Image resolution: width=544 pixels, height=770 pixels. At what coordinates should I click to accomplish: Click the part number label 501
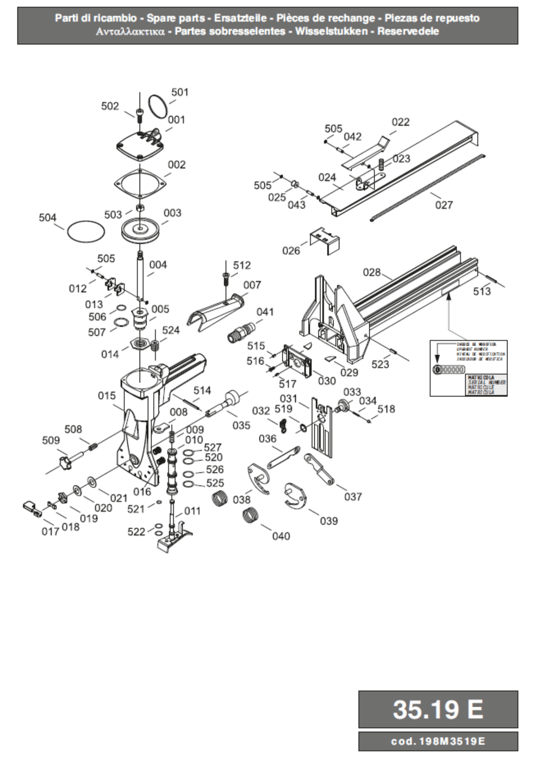click(180, 92)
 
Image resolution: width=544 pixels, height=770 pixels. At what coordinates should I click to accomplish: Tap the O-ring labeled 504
click(86, 232)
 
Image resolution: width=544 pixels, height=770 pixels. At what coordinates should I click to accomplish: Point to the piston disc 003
click(140, 231)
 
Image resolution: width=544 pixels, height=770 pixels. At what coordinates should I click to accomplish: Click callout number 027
click(444, 205)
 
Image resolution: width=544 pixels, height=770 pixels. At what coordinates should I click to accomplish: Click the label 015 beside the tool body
click(107, 396)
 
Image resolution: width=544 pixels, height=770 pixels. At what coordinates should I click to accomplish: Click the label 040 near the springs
click(281, 536)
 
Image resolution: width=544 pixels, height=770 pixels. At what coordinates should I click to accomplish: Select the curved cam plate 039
click(295, 495)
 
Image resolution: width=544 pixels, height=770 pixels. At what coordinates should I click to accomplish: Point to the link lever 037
click(319, 469)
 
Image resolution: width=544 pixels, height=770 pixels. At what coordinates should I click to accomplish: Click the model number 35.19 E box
click(438, 709)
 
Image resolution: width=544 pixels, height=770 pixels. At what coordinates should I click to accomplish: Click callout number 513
click(482, 291)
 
